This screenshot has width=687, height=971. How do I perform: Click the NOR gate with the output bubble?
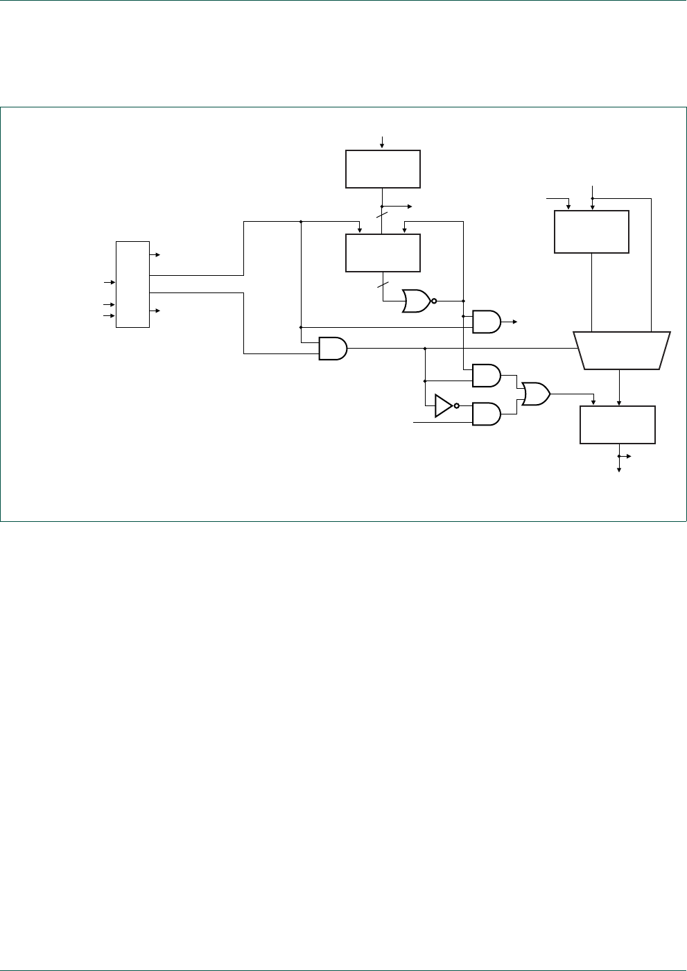point(416,301)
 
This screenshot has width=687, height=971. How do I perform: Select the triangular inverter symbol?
point(443,405)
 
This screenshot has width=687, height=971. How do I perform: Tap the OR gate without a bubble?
point(535,394)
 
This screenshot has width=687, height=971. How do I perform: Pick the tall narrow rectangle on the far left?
point(132,284)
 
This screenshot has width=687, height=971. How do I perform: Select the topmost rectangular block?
point(383,168)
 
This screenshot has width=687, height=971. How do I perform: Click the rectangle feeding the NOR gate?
point(383,253)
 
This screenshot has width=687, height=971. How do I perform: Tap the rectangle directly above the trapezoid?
point(591,232)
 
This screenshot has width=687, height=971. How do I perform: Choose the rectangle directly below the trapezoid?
point(617,425)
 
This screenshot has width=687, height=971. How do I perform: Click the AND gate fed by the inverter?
point(486,414)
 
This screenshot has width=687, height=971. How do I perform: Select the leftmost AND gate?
point(332,348)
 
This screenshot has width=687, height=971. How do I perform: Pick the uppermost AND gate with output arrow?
point(486,322)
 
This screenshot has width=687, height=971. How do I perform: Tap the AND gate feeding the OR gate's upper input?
point(486,375)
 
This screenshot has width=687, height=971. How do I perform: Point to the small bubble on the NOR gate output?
point(434,301)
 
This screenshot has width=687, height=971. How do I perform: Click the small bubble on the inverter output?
point(457,405)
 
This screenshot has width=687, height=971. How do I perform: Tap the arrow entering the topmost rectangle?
point(382,144)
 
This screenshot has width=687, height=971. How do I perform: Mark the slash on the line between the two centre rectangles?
point(382,216)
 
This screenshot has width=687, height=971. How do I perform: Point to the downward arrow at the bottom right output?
point(619,469)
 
